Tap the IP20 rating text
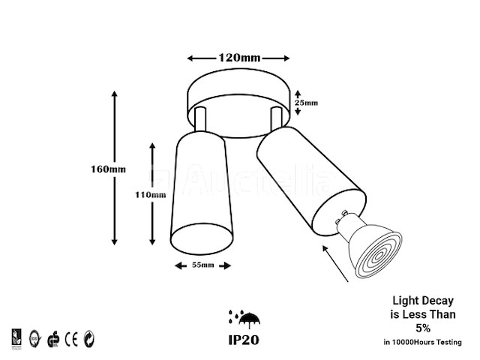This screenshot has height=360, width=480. pyautogui.click(x=244, y=338)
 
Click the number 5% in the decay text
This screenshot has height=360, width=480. pyautogui.click(x=423, y=328)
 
